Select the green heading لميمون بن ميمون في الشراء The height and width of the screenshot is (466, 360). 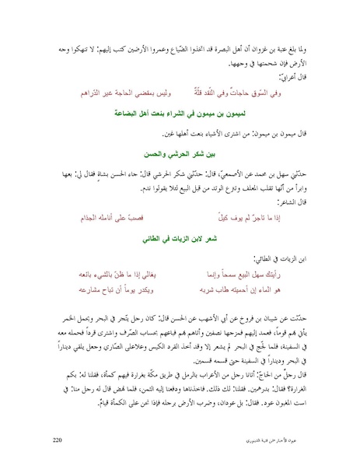pos(178,113)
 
